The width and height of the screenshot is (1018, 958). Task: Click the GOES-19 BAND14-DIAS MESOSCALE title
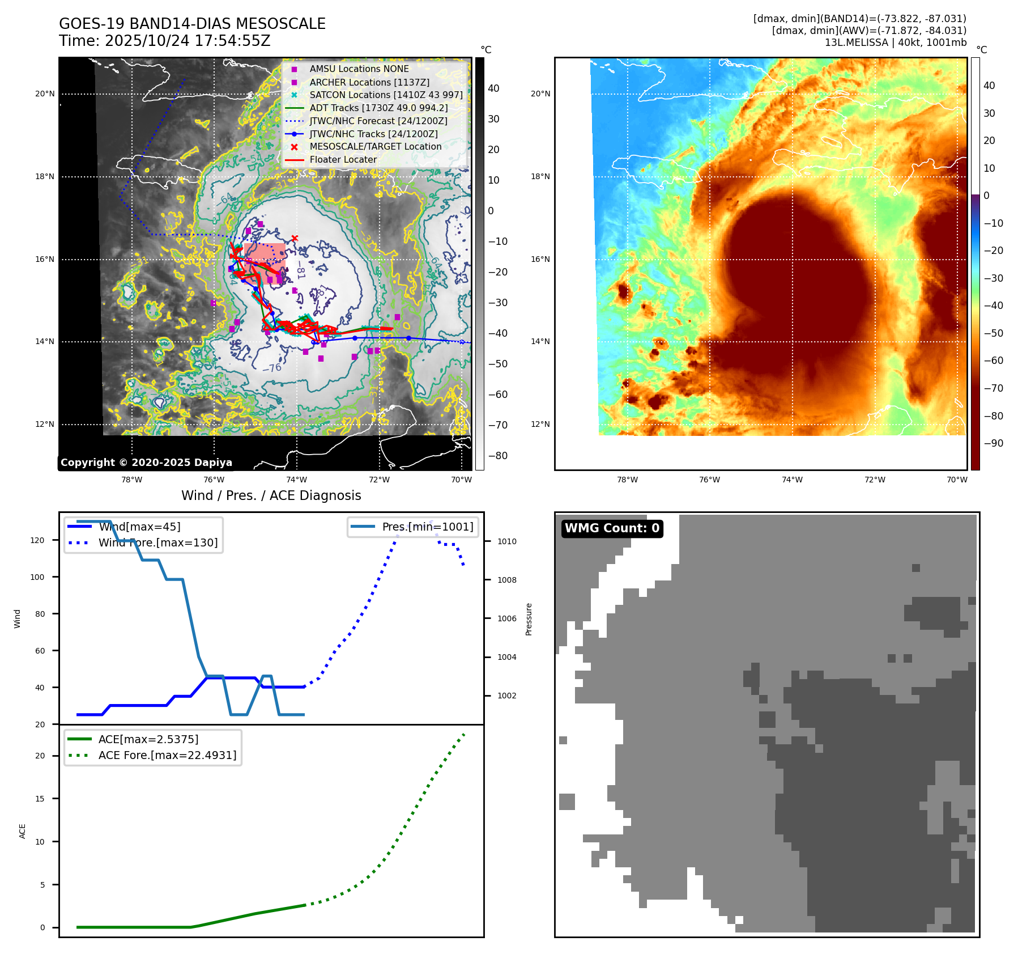(x=192, y=24)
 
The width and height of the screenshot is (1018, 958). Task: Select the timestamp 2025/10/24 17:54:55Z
(x=188, y=41)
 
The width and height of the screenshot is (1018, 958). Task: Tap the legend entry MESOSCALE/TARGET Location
(x=375, y=147)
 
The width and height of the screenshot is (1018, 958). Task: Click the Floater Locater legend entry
(x=343, y=160)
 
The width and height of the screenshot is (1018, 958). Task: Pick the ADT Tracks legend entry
(x=378, y=108)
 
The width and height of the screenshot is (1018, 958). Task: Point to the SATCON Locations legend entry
(x=386, y=95)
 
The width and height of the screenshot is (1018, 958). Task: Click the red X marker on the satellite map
(x=295, y=239)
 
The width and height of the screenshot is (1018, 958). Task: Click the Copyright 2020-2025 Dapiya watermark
(x=146, y=463)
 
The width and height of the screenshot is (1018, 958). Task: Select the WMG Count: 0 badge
(x=612, y=528)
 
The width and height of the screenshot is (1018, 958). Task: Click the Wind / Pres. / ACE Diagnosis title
(x=271, y=495)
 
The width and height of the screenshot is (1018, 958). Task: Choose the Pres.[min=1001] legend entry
(x=427, y=527)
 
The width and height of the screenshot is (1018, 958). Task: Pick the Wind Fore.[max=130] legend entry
(x=157, y=542)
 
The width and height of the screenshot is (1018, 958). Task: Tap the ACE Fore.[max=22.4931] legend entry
(x=167, y=755)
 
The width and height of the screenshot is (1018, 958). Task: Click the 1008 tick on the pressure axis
(x=506, y=580)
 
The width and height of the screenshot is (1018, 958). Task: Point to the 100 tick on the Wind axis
(x=37, y=577)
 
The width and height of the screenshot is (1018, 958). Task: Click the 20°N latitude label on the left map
(x=45, y=94)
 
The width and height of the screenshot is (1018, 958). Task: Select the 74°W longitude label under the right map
(x=792, y=480)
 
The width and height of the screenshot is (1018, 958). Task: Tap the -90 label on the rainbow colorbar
(x=993, y=443)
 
